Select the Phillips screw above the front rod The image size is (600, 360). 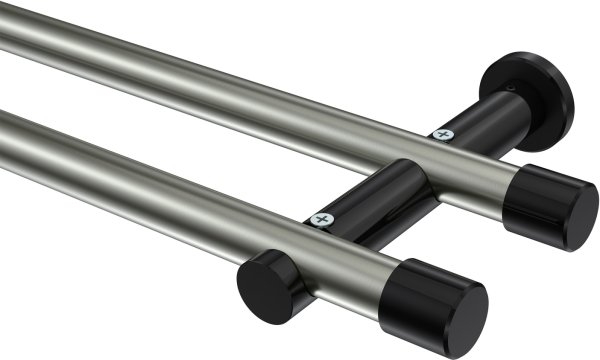pos(321,217)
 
